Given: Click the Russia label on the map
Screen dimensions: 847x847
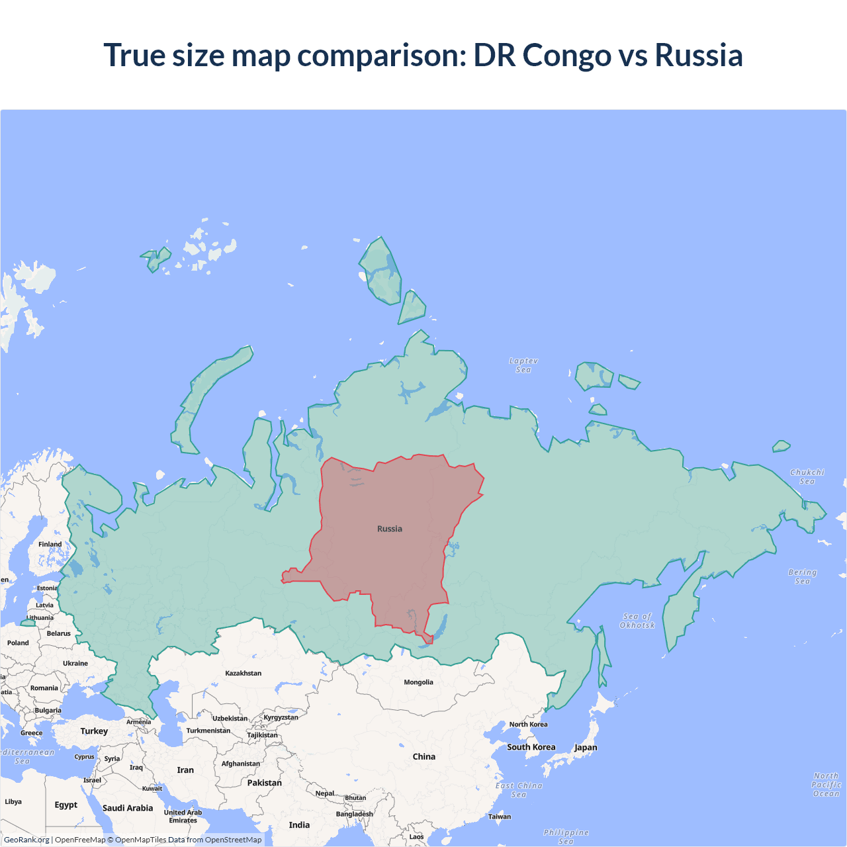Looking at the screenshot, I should coord(390,529).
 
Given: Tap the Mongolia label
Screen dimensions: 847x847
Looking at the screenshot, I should coord(418,682).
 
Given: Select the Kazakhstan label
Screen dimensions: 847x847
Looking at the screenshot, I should coord(243,673).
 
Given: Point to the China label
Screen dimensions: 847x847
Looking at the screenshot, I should coord(424,756).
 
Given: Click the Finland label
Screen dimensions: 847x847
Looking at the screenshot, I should coord(50,544).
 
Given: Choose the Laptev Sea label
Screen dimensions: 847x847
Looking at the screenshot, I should coord(523,365).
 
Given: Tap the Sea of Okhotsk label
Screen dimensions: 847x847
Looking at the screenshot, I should coord(637,621).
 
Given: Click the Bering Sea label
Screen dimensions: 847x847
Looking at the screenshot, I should coord(803,576).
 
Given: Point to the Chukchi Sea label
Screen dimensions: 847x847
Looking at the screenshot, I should coord(807,476).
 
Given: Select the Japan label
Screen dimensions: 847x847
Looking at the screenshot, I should coord(586,747).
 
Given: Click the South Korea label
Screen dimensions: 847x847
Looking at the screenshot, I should coord(531,747).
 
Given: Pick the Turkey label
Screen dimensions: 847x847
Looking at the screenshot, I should coord(94,731).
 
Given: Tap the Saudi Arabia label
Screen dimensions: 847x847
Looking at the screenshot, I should coord(128,808).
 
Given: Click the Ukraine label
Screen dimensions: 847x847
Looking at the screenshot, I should coord(75,663).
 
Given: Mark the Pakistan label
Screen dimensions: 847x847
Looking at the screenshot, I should coord(265,783).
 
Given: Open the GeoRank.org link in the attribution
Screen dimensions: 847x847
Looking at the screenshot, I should coord(26,840).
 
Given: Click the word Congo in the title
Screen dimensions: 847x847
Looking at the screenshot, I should coord(566,56).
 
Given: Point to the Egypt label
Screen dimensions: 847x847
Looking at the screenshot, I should coord(66,805).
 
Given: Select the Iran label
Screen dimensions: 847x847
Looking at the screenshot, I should coord(185,770).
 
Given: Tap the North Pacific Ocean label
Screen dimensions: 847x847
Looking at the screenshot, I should coord(826,784).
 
